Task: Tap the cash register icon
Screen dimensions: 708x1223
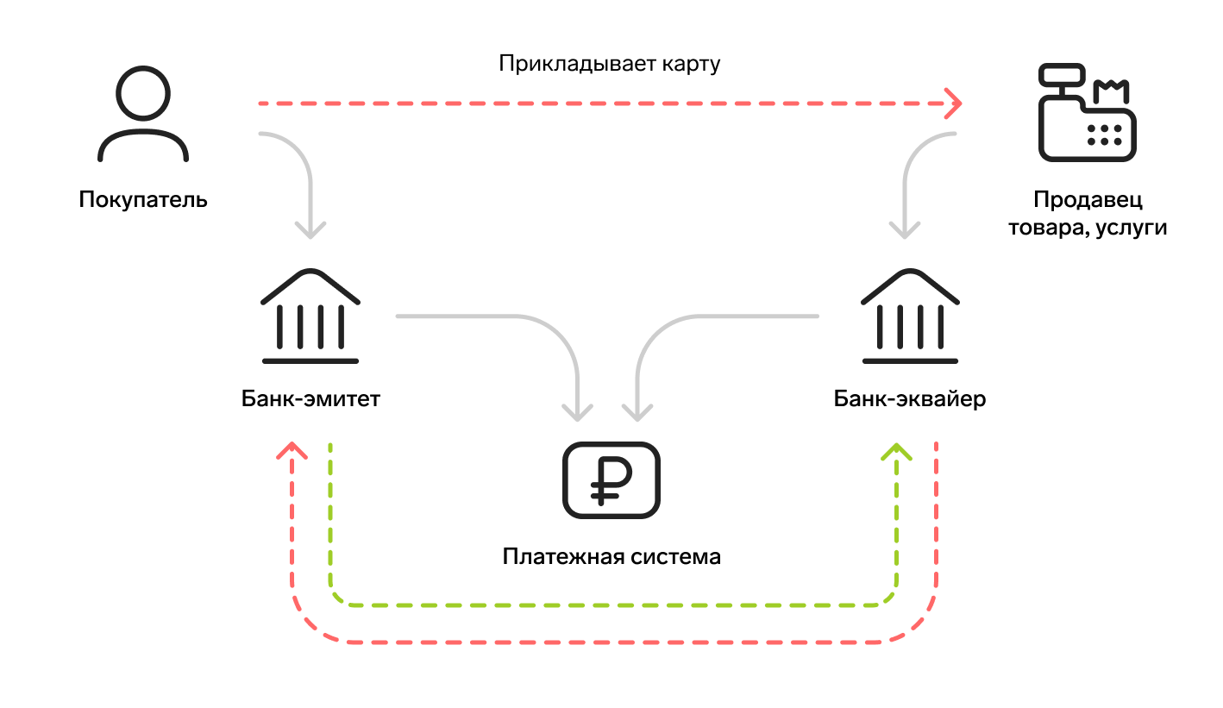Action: point(1087,114)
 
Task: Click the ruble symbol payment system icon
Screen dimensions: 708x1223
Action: point(611,480)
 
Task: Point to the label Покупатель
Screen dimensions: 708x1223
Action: point(143,200)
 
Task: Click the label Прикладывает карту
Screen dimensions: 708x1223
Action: point(609,64)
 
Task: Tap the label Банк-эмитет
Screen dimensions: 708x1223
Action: point(310,399)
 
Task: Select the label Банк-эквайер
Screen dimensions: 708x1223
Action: point(910,399)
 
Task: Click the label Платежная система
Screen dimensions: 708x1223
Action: point(611,556)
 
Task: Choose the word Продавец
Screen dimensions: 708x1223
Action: point(1088,201)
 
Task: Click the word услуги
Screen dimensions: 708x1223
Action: point(1131,229)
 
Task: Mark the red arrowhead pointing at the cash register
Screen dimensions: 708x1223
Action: point(954,103)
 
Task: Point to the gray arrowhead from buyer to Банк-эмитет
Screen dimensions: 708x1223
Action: point(310,230)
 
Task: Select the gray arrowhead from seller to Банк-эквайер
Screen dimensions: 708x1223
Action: point(905,230)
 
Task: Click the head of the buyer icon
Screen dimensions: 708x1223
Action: point(143,94)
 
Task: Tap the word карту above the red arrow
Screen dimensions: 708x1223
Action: point(690,64)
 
